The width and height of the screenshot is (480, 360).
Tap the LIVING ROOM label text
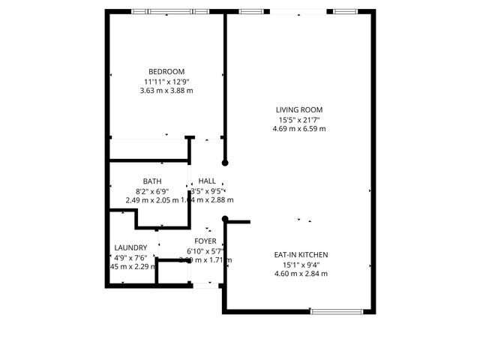click(299, 110)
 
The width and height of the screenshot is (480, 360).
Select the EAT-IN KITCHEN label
click(301, 255)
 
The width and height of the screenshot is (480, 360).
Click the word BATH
click(152, 181)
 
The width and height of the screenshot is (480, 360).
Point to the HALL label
click(207, 181)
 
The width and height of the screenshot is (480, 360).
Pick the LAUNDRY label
click(130, 247)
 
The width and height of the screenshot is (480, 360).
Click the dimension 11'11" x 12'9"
click(166, 82)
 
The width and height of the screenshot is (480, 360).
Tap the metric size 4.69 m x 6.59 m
click(299, 129)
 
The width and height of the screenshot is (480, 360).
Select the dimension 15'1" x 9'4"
click(301, 265)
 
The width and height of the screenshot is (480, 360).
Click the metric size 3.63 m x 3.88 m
click(166, 91)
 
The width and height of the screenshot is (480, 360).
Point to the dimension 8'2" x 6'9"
click(152, 191)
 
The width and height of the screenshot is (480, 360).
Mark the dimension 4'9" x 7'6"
click(132, 257)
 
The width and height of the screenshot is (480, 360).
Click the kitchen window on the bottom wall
click(337, 310)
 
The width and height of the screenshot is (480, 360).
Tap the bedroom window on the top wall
click(169, 11)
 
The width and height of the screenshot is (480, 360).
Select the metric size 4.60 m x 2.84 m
click(301, 274)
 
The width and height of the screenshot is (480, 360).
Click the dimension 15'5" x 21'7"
click(299, 120)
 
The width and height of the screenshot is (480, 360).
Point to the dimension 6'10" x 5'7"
click(206, 251)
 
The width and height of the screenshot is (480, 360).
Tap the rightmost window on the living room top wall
click(346, 11)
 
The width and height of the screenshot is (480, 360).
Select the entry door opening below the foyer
click(205, 285)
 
